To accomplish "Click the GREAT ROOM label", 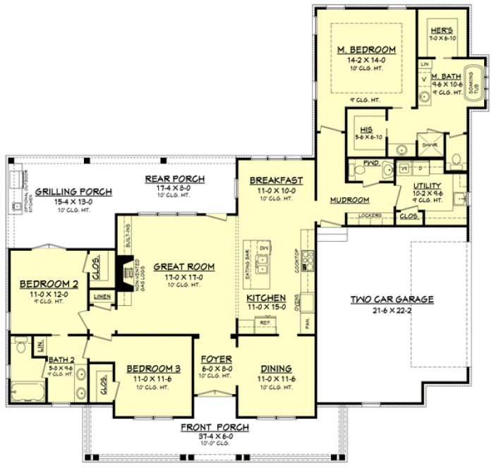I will pos(183,266).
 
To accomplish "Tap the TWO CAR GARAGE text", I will pos(392,300).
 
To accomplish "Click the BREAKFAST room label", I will pos(276,180).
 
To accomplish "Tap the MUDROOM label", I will pos(349,200).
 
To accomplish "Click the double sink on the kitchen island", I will pos(265,265).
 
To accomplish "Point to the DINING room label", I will pos(276,369).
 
